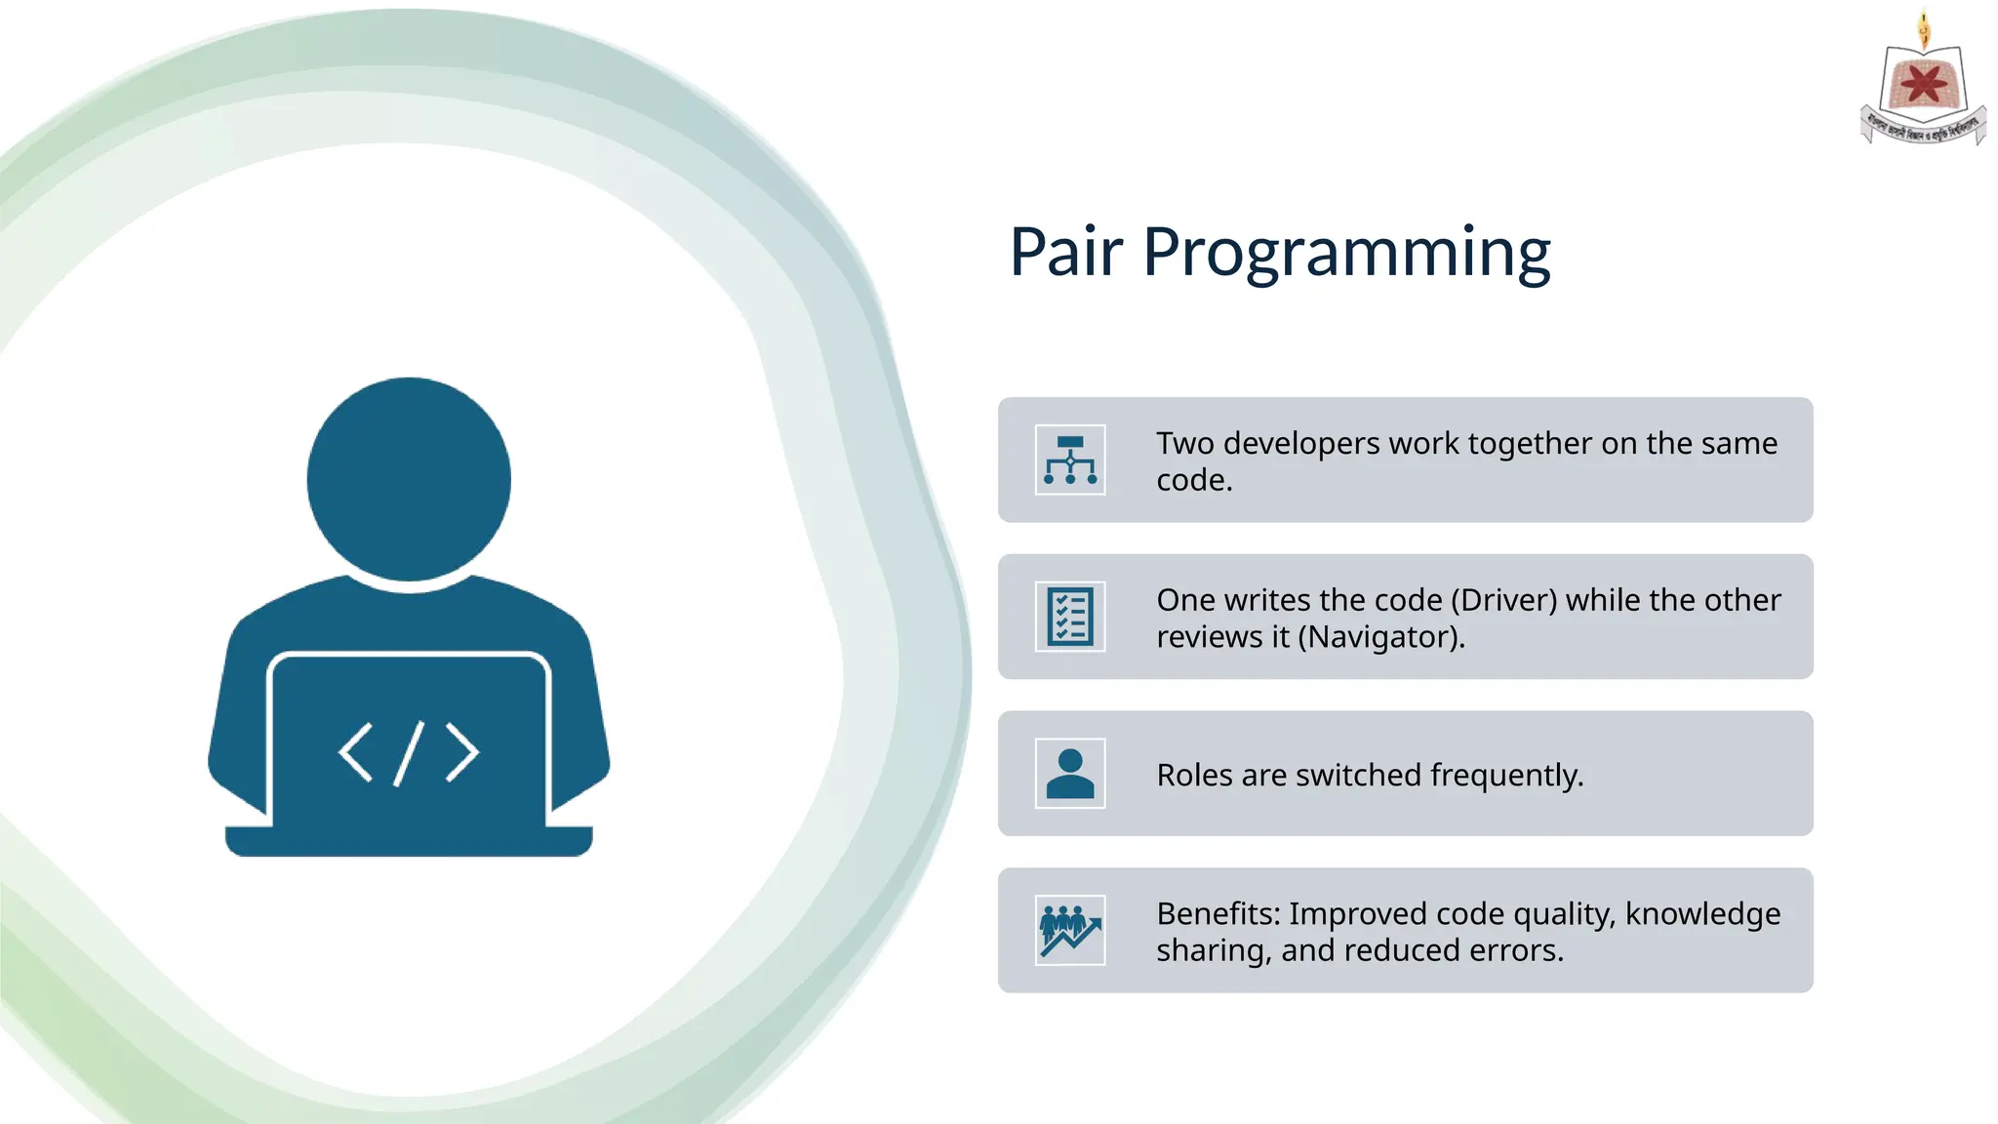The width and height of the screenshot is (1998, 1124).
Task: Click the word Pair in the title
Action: pos(1065,252)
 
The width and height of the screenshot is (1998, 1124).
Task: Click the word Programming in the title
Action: pos(1346,254)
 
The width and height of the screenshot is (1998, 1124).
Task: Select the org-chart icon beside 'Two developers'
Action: pos(1070,460)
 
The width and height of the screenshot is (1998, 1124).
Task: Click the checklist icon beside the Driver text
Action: pos(1070,617)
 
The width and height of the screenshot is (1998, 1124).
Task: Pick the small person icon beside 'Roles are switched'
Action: pos(1070,774)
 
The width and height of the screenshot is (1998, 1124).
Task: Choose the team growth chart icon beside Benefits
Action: pos(1070,931)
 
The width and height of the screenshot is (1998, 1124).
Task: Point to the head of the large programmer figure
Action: pos(409,479)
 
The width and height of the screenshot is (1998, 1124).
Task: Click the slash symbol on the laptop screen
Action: pos(409,753)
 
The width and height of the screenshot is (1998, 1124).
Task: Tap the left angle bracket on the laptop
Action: pos(356,752)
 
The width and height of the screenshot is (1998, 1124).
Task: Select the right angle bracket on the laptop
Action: pos(461,752)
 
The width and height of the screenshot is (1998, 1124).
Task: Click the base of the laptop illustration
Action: pos(409,841)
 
